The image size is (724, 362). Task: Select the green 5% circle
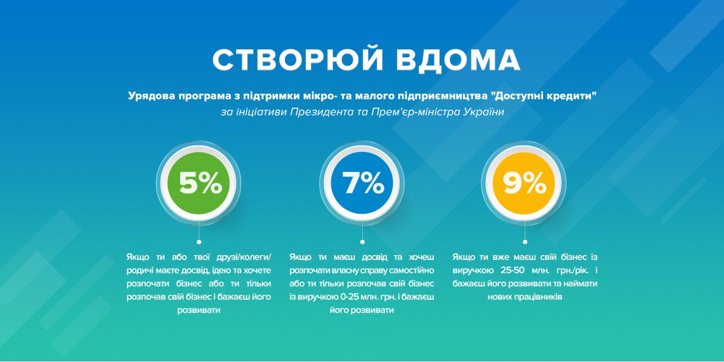pos(199,183)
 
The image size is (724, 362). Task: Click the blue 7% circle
pos(362,183)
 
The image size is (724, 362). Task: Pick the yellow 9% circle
pos(525,183)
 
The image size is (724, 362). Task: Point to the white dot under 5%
pos(199,242)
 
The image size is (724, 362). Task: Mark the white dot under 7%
pos(362,242)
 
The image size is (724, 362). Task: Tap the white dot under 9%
pos(525,242)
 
